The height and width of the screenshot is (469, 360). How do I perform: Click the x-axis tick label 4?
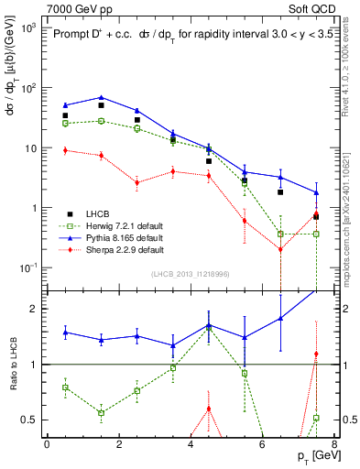tap(191, 445)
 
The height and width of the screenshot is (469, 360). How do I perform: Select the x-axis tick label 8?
tap(333, 445)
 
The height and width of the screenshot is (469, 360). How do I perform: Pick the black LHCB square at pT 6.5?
tap(280, 192)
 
